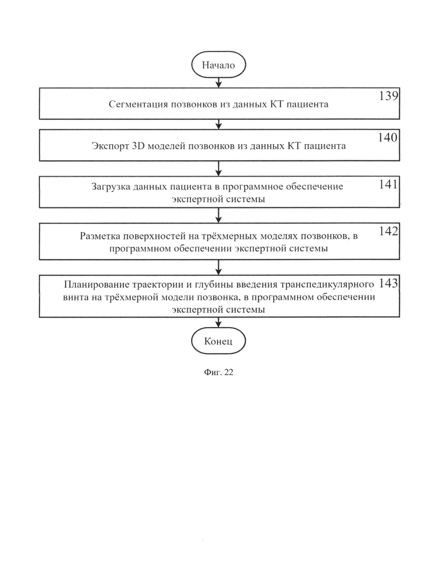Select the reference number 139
click(389, 96)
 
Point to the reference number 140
click(388, 138)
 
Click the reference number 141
click(388, 184)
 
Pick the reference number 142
click(388, 231)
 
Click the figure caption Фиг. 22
click(218, 372)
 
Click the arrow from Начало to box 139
click(219, 83)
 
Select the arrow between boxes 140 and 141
click(219, 169)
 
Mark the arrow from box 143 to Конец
click(219, 323)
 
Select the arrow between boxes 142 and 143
click(219, 268)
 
